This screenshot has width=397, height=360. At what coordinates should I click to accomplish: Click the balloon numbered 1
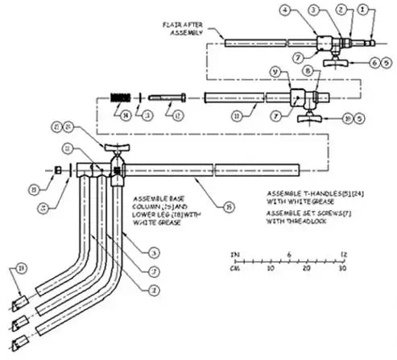(x=363, y=11)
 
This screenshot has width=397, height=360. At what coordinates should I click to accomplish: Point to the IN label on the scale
(x=235, y=254)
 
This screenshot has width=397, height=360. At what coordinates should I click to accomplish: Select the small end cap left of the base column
(x=59, y=169)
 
